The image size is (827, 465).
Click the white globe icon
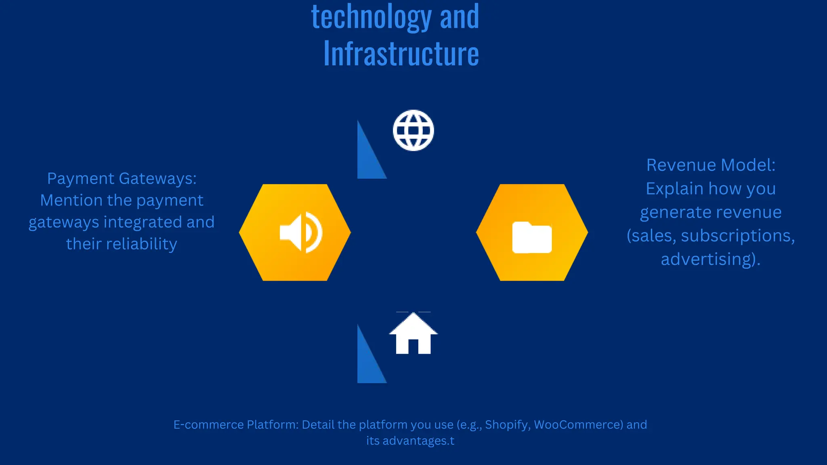[413, 130]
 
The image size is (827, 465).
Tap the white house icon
[413, 334]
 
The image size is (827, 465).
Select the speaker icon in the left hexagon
[301, 232]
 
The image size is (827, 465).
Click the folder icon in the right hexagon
[532, 237]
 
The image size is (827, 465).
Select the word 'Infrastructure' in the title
[401, 54]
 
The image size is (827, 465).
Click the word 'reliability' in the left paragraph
[141, 244]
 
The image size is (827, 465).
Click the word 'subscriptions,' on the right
[738, 236]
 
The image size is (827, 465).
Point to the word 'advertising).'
[711, 259]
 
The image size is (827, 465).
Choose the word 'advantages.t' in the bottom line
[418, 441]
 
